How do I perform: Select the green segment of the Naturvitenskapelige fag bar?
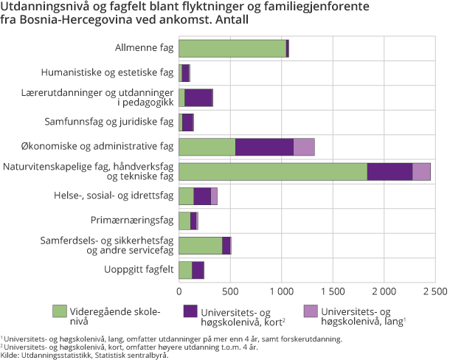tap(273, 172)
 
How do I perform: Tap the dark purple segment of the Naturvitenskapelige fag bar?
tap(390, 172)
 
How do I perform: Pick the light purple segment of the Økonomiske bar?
tap(304, 147)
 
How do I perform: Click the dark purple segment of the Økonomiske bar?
tap(264, 147)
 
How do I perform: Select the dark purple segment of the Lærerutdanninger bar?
tap(198, 97)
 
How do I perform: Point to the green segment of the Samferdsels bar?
tap(201, 246)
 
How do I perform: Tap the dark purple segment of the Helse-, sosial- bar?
tap(202, 196)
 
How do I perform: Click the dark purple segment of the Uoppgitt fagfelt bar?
tap(198, 270)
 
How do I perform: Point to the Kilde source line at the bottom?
tap(84, 355)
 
